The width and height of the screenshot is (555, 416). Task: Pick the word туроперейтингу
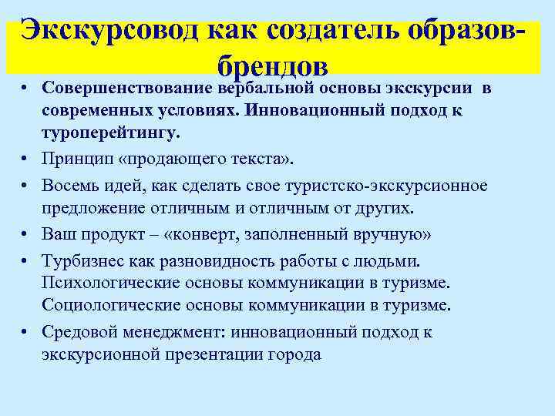click(x=111, y=132)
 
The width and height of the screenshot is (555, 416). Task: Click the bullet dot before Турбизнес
click(x=26, y=261)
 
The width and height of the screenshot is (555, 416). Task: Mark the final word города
click(x=294, y=354)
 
